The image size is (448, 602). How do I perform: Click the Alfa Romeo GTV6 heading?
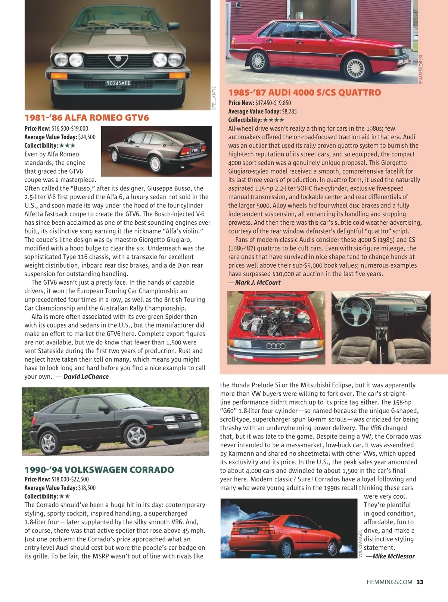pyautogui.click(x=87, y=118)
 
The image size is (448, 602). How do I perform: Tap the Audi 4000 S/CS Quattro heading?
pyautogui.click(x=305, y=93)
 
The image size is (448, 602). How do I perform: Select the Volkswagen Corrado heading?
pyautogui.click(x=99, y=470)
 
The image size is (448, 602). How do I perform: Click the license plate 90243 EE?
pyautogui.click(x=118, y=83)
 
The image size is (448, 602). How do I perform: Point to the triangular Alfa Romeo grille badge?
pyautogui.click(x=118, y=60)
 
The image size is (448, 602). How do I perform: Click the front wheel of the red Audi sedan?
pyautogui.click(x=356, y=67)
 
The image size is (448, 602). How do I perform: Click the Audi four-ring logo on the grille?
pyautogui.click(x=276, y=346)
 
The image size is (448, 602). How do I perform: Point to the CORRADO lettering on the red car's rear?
pyautogui.click(x=249, y=531)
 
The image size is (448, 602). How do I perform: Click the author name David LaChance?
pyautogui.click(x=86, y=377)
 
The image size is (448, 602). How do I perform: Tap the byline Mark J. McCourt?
pyautogui.click(x=255, y=283)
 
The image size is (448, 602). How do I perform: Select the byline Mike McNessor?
pyautogui.click(x=390, y=556)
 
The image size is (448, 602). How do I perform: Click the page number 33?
pyautogui.click(x=420, y=582)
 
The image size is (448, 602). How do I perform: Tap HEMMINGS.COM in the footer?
pyautogui.click(x=389, y=582)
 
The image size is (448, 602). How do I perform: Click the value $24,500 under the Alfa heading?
pyautogui.click(x=87, y=137)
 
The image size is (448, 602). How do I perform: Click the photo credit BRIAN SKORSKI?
pyautogui.click(x=421, y=69)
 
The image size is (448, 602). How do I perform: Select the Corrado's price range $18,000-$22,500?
pyautogui.click(x=70, y=479)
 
